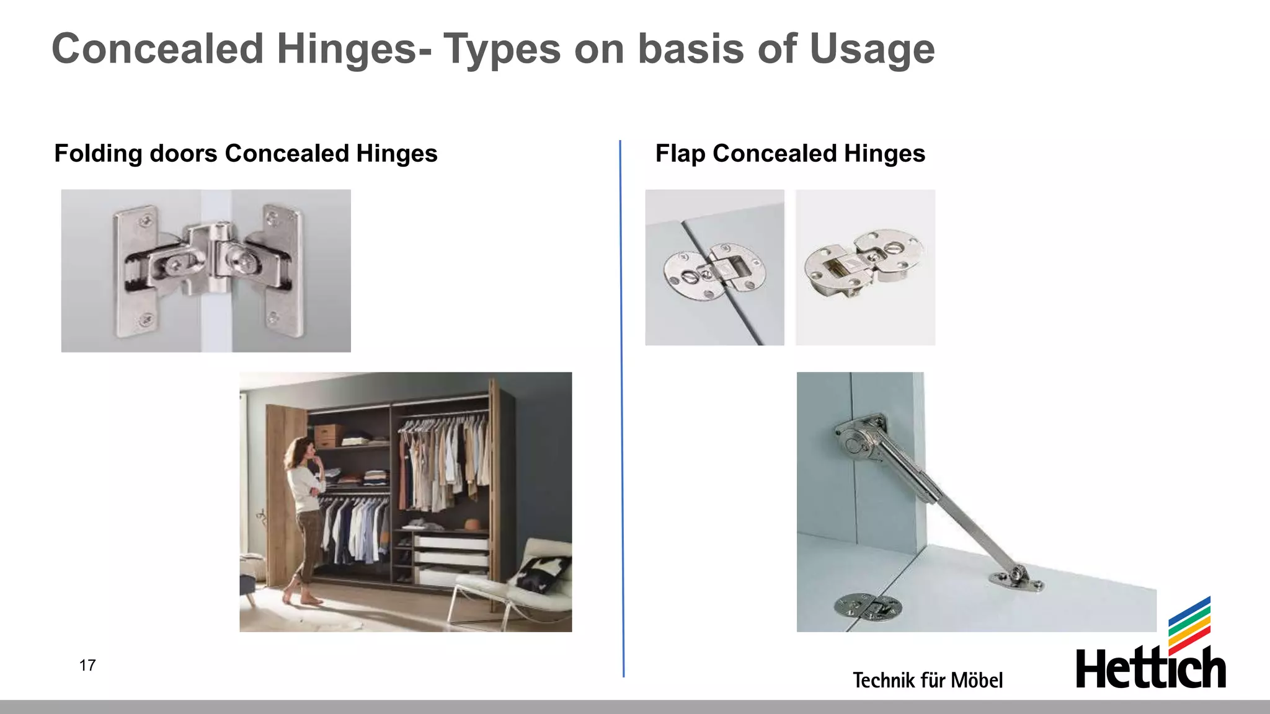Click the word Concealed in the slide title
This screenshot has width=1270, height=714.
(158, 49)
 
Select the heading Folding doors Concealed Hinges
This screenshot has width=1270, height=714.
(246, 153)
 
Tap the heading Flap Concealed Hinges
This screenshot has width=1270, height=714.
(790, 153)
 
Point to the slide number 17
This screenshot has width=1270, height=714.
(87, 665)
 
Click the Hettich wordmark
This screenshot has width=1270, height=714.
(1150, 669)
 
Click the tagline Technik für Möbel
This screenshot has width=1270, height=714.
(927, 680)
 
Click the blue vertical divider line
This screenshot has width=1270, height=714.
(622, 409)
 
